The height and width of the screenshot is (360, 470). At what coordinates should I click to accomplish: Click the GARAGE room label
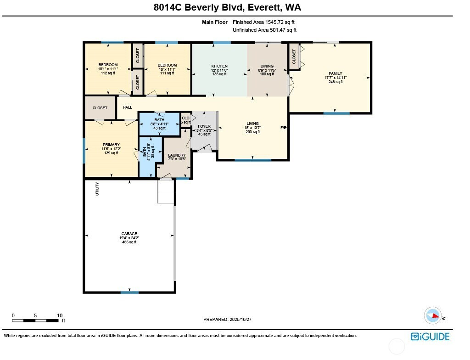129,234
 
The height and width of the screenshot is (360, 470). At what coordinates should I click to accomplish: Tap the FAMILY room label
335,73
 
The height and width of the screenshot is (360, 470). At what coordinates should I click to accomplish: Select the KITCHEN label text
219,66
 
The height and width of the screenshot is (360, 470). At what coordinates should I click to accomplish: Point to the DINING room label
267,66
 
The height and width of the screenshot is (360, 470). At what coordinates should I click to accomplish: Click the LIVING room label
252,124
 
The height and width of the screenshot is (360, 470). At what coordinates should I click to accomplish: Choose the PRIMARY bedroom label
111,145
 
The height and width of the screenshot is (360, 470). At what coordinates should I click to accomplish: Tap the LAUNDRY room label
176,155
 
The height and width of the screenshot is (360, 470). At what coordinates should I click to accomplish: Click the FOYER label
204,126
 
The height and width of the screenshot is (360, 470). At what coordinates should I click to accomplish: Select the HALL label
128,108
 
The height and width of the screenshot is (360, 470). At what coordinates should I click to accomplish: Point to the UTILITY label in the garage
97,189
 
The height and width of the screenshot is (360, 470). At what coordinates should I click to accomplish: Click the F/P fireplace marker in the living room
283,128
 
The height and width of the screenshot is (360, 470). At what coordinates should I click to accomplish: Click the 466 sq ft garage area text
129,242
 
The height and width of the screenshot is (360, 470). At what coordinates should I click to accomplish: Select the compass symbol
433,316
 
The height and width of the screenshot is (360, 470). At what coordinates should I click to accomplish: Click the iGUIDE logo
430,337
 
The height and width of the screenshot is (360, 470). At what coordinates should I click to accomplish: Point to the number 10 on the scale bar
60,315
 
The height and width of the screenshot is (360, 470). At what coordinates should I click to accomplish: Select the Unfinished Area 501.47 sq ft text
264,30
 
